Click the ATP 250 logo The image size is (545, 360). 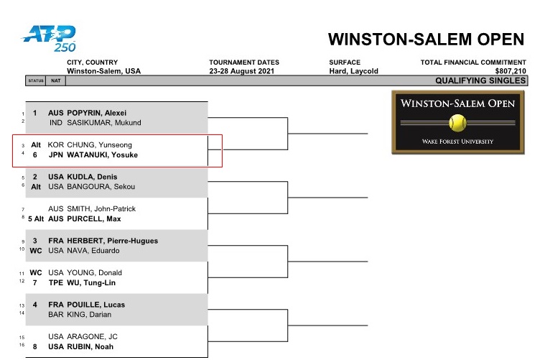click(x=49, y=38)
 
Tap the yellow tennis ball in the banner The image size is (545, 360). click(x=457, y=123)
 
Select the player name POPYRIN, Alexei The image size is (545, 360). click(x=97, y=113)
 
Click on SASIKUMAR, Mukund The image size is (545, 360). click(x=104, y=123)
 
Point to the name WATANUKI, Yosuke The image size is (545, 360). click(x=102, y=154)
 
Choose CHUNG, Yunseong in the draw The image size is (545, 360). click(x=99, y=145)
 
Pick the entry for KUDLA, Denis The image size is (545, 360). click(x=92, y=177)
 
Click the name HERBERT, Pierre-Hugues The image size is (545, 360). click(x=113, y=241)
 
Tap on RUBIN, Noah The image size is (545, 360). click(x=90, y=347)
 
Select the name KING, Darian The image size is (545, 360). click(x=89, y=315)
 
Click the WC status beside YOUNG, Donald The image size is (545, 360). click(x=36, y=273)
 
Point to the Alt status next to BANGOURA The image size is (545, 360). click(x=36, y=187)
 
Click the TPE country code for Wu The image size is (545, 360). click(x=55, y=283)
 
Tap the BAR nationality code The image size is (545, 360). click(x=55, y=315)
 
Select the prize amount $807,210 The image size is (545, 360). click(x=511, y=71)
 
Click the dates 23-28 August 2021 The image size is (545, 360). click(x=241, y=71)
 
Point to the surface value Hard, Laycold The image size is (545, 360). click(x=353, y=71)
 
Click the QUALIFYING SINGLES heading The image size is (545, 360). click(x=480, y=80)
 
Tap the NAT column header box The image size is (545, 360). click(x=55, y=80)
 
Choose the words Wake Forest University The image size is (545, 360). click(x=457, y=142)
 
